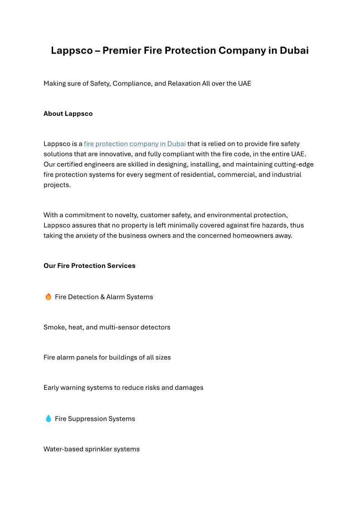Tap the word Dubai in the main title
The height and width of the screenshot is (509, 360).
point(294,50)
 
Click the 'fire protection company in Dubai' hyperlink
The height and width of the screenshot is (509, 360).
point(135,144)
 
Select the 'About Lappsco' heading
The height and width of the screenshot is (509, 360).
point(68,114)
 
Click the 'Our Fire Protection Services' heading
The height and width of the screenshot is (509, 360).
point(89,266)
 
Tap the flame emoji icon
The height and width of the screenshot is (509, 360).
point(48,297)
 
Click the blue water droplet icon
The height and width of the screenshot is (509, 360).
point(48,418)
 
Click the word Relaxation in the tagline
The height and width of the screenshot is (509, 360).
point(184,83)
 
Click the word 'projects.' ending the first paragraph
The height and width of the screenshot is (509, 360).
point(57,185)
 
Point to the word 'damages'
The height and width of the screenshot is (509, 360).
point(189,388)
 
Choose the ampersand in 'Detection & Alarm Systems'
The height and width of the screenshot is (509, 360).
point(102,297)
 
